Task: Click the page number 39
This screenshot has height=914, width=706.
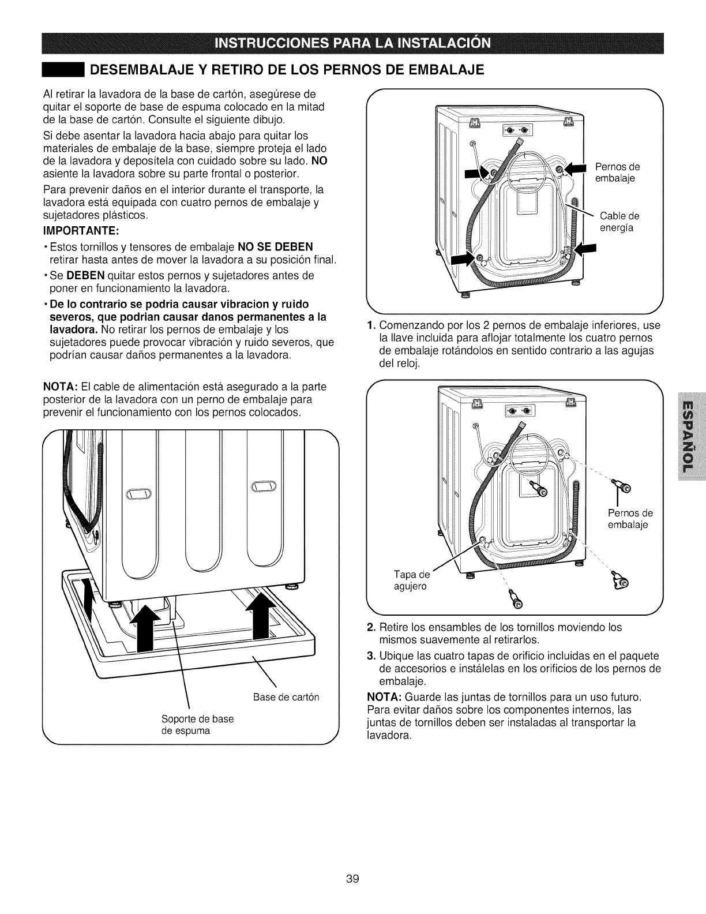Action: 353,846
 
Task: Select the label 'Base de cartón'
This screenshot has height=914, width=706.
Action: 286,696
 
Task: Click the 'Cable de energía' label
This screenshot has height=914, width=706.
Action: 619,222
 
